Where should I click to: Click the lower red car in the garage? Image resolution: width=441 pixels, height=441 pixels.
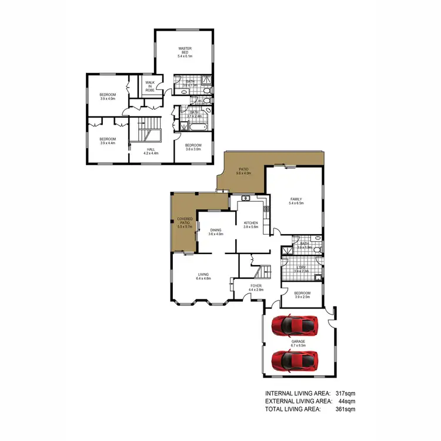pyautogui.click(x=295, y=358)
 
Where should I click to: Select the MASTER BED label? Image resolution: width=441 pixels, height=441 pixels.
pyautogui.click(x=185, y=52)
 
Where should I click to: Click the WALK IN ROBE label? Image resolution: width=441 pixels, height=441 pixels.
pyautogui.click(x=150, y=86)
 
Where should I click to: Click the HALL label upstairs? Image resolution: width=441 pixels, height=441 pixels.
pyautogui.click(x=151, y=151)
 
